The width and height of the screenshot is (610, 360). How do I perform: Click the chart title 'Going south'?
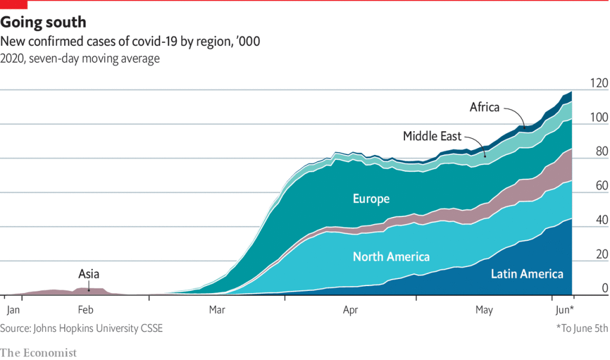point(43,23)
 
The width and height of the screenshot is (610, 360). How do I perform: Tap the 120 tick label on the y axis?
point(597,83)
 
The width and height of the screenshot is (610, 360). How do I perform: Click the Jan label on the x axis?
point(14,310)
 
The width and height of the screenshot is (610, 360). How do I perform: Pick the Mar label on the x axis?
point(217,310)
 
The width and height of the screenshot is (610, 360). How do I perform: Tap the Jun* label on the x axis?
point(564,310)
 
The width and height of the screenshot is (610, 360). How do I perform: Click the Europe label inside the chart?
point(371,198)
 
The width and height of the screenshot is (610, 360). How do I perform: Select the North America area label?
point(391,257)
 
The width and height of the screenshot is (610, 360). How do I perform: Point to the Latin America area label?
point(527,274)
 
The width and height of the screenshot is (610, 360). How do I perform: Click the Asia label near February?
point(89,274)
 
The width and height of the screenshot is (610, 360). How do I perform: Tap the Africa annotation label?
point(484,107)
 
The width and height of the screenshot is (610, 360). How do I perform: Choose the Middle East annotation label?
point(432,136)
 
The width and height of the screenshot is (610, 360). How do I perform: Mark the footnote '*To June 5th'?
point(582,328)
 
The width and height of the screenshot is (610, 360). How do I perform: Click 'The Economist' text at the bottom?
point(39,352)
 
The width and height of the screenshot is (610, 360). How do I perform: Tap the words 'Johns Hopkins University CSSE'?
point(99,328)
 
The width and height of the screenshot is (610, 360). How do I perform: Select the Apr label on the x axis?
point(351,310)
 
